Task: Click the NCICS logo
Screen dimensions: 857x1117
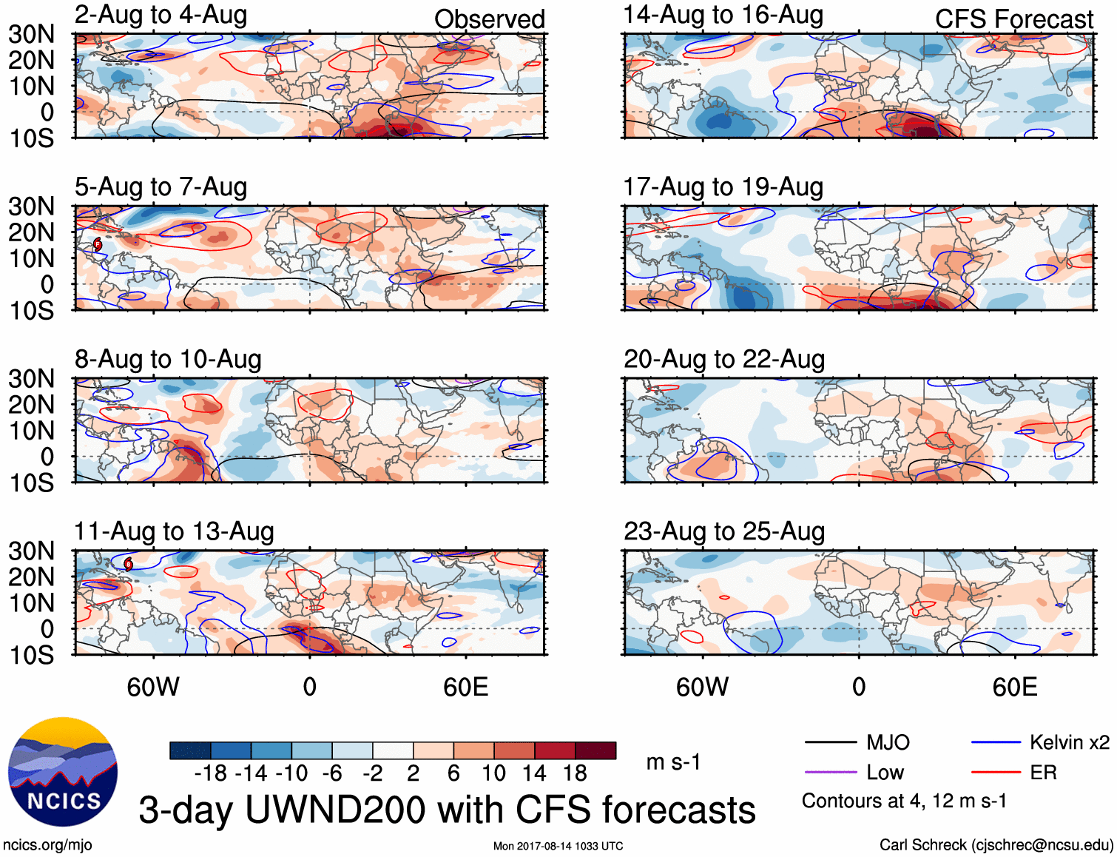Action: [x=63, y=772]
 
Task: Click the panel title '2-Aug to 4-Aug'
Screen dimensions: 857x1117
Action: [x=161, y=15]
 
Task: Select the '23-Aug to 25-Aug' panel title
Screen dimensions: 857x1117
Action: [x=723, y=531]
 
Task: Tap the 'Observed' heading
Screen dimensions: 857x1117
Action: [x=489, y=19]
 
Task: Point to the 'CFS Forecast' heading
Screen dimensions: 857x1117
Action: [x=1013, y=19]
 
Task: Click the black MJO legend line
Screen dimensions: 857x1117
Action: [x=830, y=742]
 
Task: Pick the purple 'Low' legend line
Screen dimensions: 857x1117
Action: [x=830, y=773]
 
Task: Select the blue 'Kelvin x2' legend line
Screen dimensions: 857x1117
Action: [x=996, y=742]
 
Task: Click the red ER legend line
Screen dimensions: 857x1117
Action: [x=996, y=773]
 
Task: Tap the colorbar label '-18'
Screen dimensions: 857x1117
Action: [x=211, y=773]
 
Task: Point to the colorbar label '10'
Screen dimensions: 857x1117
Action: [x=493, y=773]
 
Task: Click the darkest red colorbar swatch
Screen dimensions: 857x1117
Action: [x=595, y=750]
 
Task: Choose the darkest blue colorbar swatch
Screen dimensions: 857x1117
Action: [x=190, y=750]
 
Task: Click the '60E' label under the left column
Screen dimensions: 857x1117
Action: [x=465, y=687]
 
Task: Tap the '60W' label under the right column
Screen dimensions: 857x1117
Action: [x=702, y=687]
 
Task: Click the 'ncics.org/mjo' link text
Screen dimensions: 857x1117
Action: [x=47, y=845]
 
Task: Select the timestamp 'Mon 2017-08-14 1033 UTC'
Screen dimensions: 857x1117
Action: [x=558, y=846]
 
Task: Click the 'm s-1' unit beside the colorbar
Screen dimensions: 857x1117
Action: [x=673, y=762]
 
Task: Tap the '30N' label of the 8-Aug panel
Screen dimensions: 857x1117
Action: [x=31, y=379]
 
